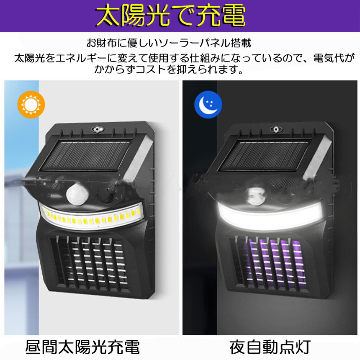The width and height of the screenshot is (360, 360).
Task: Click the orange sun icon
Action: point(31,105)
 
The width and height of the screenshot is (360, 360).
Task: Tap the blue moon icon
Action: point(208,105)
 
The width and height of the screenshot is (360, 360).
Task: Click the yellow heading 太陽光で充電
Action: point(170,15)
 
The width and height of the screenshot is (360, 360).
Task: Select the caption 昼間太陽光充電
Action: point(82,347)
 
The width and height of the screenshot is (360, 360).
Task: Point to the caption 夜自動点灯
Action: point(270,347)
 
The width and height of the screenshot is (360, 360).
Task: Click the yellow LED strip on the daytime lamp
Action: point(91,217)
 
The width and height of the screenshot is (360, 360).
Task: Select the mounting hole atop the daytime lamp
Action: point(98,129)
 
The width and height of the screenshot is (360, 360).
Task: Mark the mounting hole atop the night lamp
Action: point(276,129)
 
